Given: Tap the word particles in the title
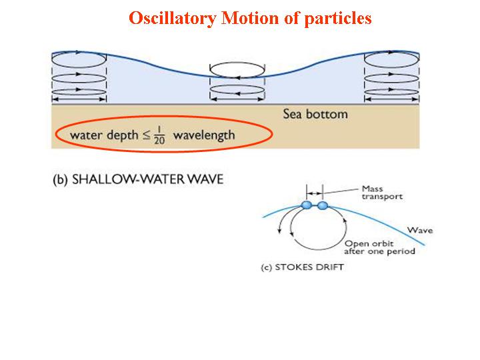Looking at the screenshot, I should pos(337,18).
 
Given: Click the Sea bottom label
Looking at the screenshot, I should pos(315,114).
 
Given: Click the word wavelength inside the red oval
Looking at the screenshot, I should pos(204,135).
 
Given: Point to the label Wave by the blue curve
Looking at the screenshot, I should pos(420,231).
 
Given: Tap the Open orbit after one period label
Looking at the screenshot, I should pos(379,247).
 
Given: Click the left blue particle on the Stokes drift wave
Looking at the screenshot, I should pos(307,205).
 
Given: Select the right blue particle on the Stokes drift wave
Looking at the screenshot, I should pos(323,205).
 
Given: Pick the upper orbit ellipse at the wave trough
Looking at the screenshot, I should pos(238,69).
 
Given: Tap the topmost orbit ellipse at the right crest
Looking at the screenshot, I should pos(391,59).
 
